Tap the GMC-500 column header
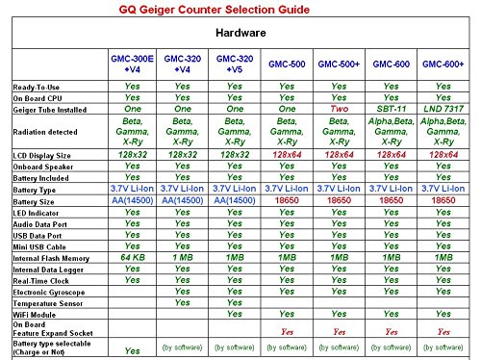coord(287,64)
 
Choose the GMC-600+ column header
coord(443,64)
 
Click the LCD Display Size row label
coord(42,154)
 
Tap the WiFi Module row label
coord(35,313)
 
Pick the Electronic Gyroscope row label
coord(49,290)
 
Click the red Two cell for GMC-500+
coord(339,109)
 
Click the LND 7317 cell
coord(443,109)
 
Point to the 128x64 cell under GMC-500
coord(287,154)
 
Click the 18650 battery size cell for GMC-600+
coord(443,199)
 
